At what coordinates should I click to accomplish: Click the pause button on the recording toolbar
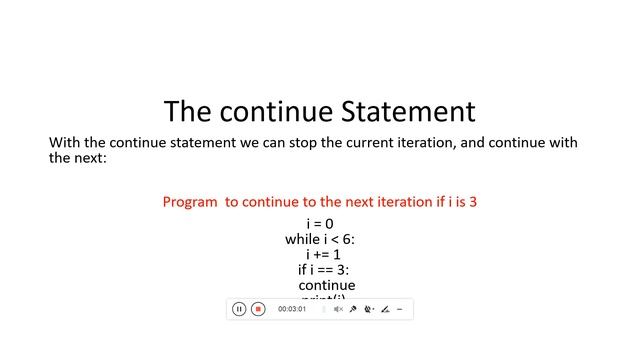click(239, 309)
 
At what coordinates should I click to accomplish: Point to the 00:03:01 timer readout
click(292, 310)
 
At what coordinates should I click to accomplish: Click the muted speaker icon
click(338, 310)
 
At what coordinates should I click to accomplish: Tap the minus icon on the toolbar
click(400, 310)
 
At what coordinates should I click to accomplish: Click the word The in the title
click(187, 111)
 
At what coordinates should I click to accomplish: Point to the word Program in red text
click(190, 202)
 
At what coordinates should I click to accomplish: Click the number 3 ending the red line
click(473, 202)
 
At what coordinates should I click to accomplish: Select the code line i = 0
click(320, 224)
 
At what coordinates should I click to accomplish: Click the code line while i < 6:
click(320, 239)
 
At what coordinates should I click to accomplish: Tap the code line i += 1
click(323, 254)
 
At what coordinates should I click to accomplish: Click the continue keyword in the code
click(326, 285)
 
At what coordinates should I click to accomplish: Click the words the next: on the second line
click(77, 158)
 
